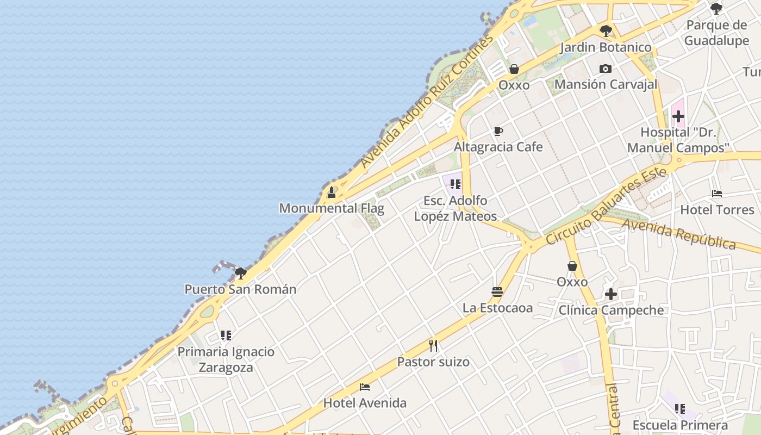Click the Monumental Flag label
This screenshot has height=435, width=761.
[332, 208]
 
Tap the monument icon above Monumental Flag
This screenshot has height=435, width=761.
[331, 192]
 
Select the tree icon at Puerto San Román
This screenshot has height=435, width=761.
[240, 273]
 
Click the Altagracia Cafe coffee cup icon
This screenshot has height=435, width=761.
[498, 132]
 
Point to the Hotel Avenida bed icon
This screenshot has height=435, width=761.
[365, 387]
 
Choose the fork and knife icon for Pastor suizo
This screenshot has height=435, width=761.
[433, 345]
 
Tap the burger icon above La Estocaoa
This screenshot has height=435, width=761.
[497, 292]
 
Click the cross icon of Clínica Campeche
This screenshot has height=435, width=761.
[611, 294]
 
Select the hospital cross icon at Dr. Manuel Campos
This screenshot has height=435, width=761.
[678, 116]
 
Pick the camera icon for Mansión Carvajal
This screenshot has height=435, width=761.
[606, 69]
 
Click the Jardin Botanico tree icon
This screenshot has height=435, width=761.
[606, 31]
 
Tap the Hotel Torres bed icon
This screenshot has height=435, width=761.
[717, 193]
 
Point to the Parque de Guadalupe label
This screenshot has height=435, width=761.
[716, 33]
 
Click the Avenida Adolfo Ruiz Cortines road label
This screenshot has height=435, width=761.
[427, 102]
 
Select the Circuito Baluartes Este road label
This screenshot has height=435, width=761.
[606, 206]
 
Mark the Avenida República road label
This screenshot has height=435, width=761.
[679, 234]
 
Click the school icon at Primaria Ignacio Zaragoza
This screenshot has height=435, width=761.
[226, 335]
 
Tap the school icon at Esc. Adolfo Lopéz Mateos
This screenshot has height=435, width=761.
[456, 184]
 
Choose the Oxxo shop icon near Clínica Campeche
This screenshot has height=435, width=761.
[572, 266]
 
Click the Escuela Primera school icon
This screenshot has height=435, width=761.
[680, 408]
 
